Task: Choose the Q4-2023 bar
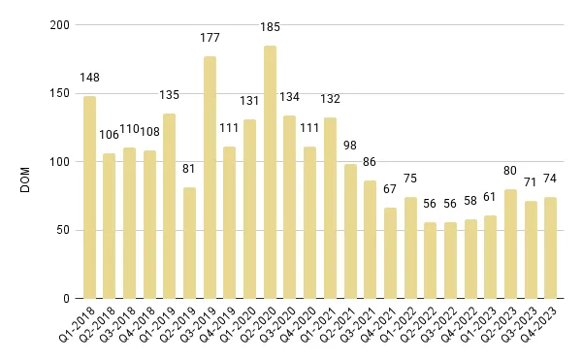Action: (x=550, y=247)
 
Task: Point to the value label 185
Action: (x=270, y=26)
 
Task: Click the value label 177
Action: (x=210, y=38)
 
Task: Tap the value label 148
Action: (x=89, y=78)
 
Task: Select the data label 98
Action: (x=350, y=146)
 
